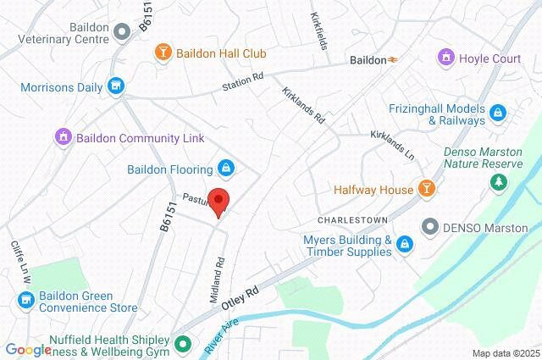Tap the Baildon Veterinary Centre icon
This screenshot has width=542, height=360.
point(121,30)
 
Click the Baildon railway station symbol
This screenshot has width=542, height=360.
point(393,60)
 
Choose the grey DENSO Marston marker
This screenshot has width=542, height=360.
point(430,226)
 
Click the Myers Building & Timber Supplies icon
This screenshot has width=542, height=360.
point(406,246)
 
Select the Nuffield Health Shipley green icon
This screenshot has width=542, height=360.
point(183,344)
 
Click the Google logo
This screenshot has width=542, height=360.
point(28,349)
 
